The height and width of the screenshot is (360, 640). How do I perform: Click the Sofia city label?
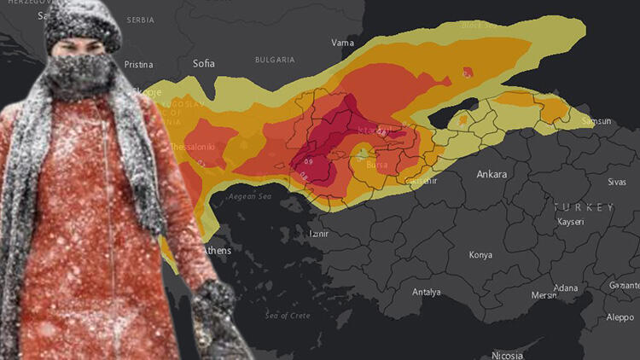203,63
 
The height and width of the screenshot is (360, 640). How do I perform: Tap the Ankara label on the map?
492,174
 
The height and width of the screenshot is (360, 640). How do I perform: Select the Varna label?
342,42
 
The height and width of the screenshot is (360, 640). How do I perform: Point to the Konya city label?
480,255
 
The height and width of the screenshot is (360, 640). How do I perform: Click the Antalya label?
427,292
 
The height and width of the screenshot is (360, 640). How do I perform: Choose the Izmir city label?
317,233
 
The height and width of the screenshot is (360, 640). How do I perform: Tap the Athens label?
217,251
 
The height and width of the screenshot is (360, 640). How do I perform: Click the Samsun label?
596,121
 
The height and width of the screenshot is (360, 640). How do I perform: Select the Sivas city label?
616,182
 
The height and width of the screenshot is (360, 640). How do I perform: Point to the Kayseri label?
570,222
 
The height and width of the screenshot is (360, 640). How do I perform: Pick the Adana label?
564,288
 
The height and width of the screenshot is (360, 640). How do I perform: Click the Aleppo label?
620,316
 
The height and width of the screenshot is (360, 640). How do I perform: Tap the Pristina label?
138,64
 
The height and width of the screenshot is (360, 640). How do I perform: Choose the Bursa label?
376,165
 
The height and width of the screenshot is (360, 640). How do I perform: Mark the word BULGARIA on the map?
275,60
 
